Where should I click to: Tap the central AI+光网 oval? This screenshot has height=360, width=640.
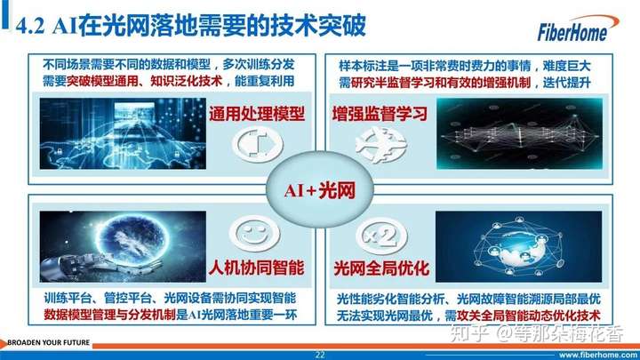tap(320, 190)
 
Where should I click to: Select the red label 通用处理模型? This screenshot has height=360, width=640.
tap(257, 114)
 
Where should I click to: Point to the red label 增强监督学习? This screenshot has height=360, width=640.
tap(380, 114)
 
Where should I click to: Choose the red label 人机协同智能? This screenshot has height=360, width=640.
tap(257, 268)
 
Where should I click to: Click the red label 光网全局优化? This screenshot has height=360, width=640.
tap(381, 268)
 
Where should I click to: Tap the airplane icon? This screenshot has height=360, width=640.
tap(380, 145)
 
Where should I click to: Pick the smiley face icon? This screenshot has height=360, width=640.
tap(254, 234)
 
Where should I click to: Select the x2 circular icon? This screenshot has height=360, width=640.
tap(381, 236)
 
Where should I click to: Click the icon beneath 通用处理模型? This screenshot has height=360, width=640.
tap(257, 145)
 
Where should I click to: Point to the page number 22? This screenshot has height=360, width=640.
tap(320, 355)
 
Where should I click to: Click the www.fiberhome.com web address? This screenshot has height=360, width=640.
tap(598, 355)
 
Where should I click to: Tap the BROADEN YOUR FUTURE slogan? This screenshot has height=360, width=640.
tap(49, 342)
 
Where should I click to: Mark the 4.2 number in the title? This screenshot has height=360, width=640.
tap(30, 27)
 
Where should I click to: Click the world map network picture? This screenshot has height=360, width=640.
tap(123, 134)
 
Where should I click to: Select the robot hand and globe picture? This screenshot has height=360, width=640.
tap(123, 247)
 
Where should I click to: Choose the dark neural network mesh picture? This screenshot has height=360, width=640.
tap(519, 134)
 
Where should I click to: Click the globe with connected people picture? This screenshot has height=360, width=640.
tap(519, 247)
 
